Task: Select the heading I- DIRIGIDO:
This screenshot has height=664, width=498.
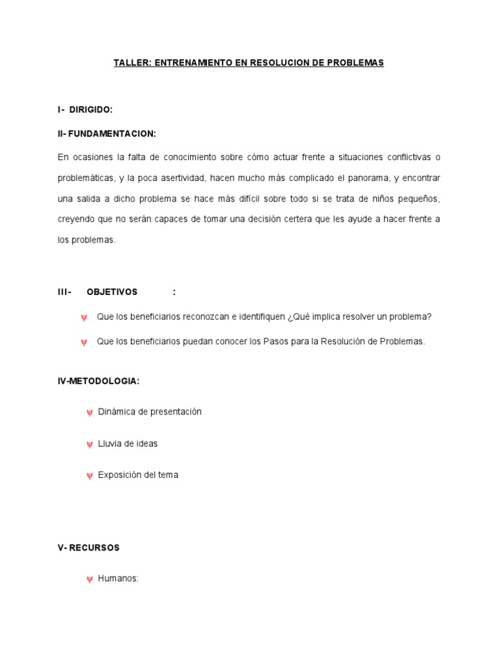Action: pyautogui.click(x=85, y=110)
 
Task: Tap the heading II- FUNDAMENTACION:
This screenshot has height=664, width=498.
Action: pyautogui.click(x=107, y=134)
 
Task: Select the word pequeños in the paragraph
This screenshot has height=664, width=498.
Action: pyautogui.click(x=419, y=198)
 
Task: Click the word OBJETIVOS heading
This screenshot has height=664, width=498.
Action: pyautogui.click(x=112, y=292)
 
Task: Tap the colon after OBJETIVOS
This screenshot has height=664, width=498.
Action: pyautogui.click(x=174, y=292)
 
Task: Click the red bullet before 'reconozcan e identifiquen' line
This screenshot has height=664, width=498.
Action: pyautogui.click(x=84, y=317)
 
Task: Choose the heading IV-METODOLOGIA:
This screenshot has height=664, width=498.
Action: pyautogui.click(x=99, y=381)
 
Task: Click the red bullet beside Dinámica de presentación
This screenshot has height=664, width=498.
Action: pyautogui.click(x=89, y=412)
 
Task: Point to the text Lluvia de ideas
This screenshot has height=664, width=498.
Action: pyautogui.click(x=128, y=444)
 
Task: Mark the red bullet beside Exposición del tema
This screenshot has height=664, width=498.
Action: pyautogui.click(x=89, y=476)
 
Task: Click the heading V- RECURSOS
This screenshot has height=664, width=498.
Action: pyautogui.click(x=89, y=548)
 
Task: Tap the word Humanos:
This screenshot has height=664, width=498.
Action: pyautogui.click(x=118, y=579)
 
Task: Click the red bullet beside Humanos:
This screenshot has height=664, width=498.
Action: pyautogui.click(x=89, y=580)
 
